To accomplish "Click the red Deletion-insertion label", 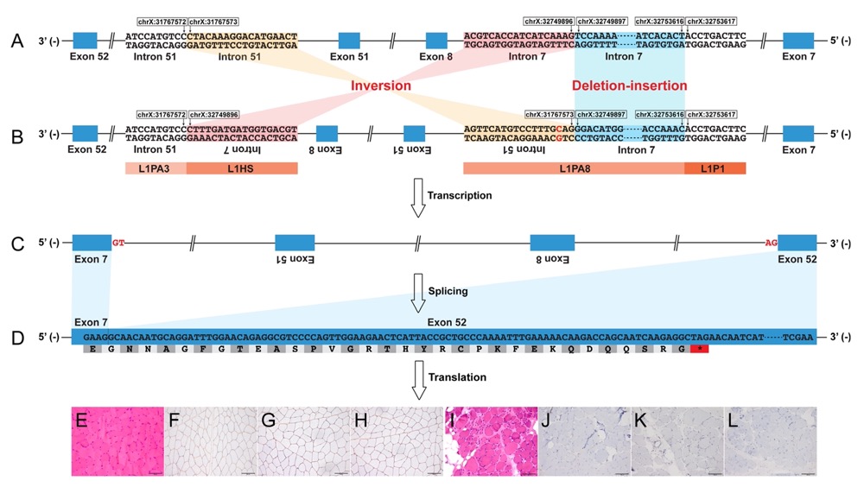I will (x=629, y=86).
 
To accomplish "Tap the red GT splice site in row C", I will (x=119, y=244).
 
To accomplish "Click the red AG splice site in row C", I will (x=772, y=244).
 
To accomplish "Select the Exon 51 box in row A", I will (x=349, y=40).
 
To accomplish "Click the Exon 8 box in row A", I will (x=436, y=40).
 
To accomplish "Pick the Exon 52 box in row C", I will (x=798, y=243).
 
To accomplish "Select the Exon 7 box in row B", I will (x=798, y=133).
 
